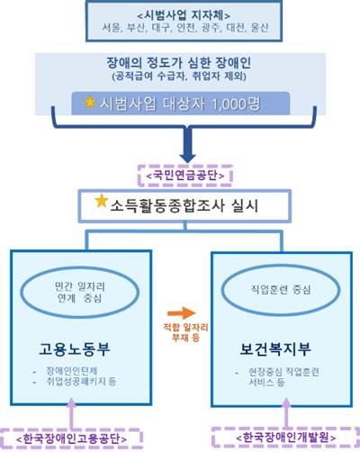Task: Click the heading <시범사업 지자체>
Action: point(184,15)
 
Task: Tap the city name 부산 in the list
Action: point(136,28)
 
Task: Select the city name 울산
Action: point(259,28)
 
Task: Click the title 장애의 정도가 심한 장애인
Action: point(179,63)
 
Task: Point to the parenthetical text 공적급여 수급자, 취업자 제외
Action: point(179,77)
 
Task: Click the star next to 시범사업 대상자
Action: point(90,102)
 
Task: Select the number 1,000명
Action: point(236,104)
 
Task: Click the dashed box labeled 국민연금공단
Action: point(185,176)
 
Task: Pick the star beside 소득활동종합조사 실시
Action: point(102,201)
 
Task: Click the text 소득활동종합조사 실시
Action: point(184,206)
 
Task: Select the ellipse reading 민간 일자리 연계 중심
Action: point(80,292)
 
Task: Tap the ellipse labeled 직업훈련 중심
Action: point(281,290)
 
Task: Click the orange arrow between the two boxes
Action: point(182,313)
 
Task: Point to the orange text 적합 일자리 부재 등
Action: point(185,332)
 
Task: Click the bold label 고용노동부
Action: point(75,349)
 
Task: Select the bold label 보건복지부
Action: point(275,349)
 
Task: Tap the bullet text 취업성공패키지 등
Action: point(81,382)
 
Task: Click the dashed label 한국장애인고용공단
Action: point(71,438)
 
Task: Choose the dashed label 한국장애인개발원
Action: point(286,438)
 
